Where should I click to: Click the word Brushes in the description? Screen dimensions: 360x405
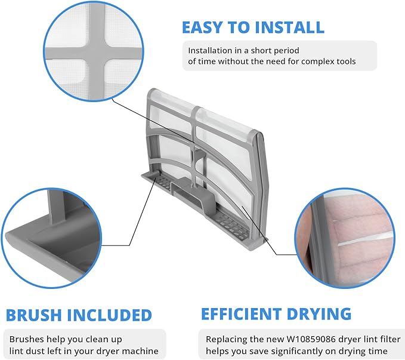[26, 339]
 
